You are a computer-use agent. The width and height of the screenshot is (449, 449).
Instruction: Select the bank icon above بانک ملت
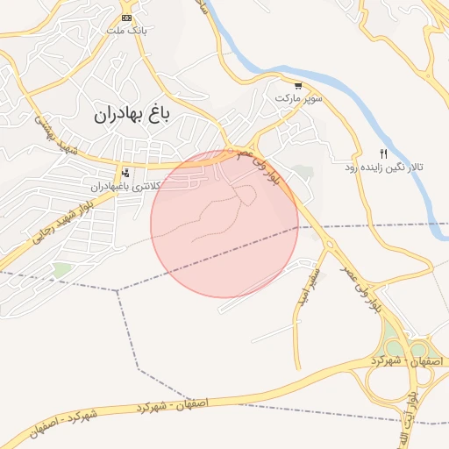point(126,18)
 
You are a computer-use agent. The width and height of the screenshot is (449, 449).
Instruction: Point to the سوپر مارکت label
point(299,98)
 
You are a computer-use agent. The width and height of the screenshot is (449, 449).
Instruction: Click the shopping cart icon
point(299,86)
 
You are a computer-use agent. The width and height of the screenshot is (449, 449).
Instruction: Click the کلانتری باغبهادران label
point(125,187)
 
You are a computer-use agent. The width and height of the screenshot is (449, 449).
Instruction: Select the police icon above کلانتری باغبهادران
point(126,173)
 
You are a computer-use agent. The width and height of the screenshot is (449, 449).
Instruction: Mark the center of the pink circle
point(224,223)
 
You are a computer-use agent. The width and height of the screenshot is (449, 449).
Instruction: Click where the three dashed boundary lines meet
point(118,289)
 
